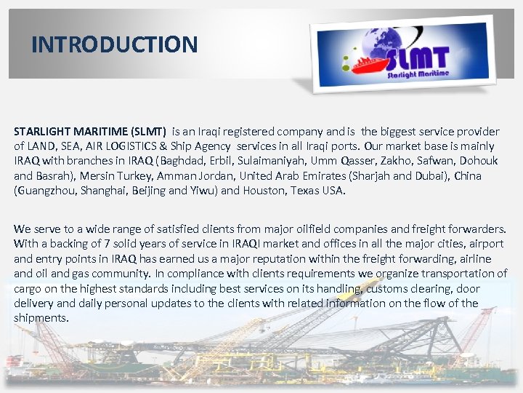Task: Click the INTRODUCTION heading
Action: pos(115,44)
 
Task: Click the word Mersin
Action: pos(99,175)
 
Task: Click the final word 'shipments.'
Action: pos(41,318)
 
